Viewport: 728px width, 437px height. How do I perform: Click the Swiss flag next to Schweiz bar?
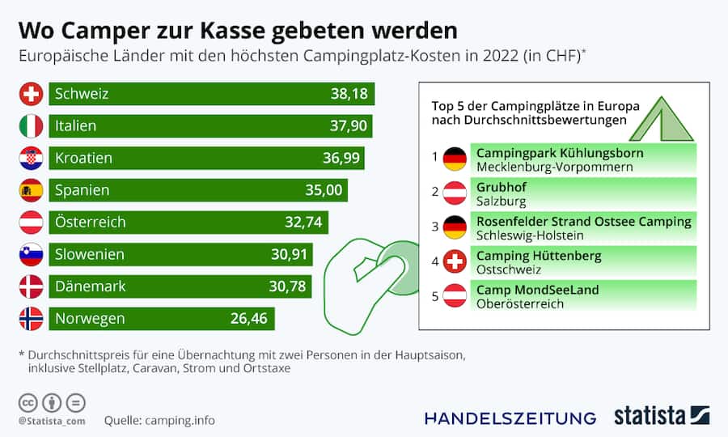[31, 94]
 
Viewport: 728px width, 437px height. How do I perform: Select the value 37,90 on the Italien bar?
[348, 126]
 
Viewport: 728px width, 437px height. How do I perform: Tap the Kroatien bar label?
[83, 158]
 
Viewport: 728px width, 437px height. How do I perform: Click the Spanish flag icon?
[31, 190]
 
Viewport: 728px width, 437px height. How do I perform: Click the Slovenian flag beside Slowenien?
[31, 255]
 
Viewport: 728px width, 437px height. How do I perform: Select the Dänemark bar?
[162, 286]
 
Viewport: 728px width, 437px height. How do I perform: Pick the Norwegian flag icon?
[31, 319]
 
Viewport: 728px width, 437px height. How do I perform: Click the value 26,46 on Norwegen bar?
[248, 319]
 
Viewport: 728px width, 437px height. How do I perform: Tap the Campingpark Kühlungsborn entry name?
[560, 152]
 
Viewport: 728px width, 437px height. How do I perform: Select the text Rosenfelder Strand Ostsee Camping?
[583, 221]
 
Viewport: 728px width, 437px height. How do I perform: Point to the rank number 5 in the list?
[434, 296]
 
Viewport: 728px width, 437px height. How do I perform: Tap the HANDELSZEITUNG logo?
[510, 418]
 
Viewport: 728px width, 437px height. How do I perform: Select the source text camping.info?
[180, 420]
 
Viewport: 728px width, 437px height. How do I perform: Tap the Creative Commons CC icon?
[28, 402]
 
